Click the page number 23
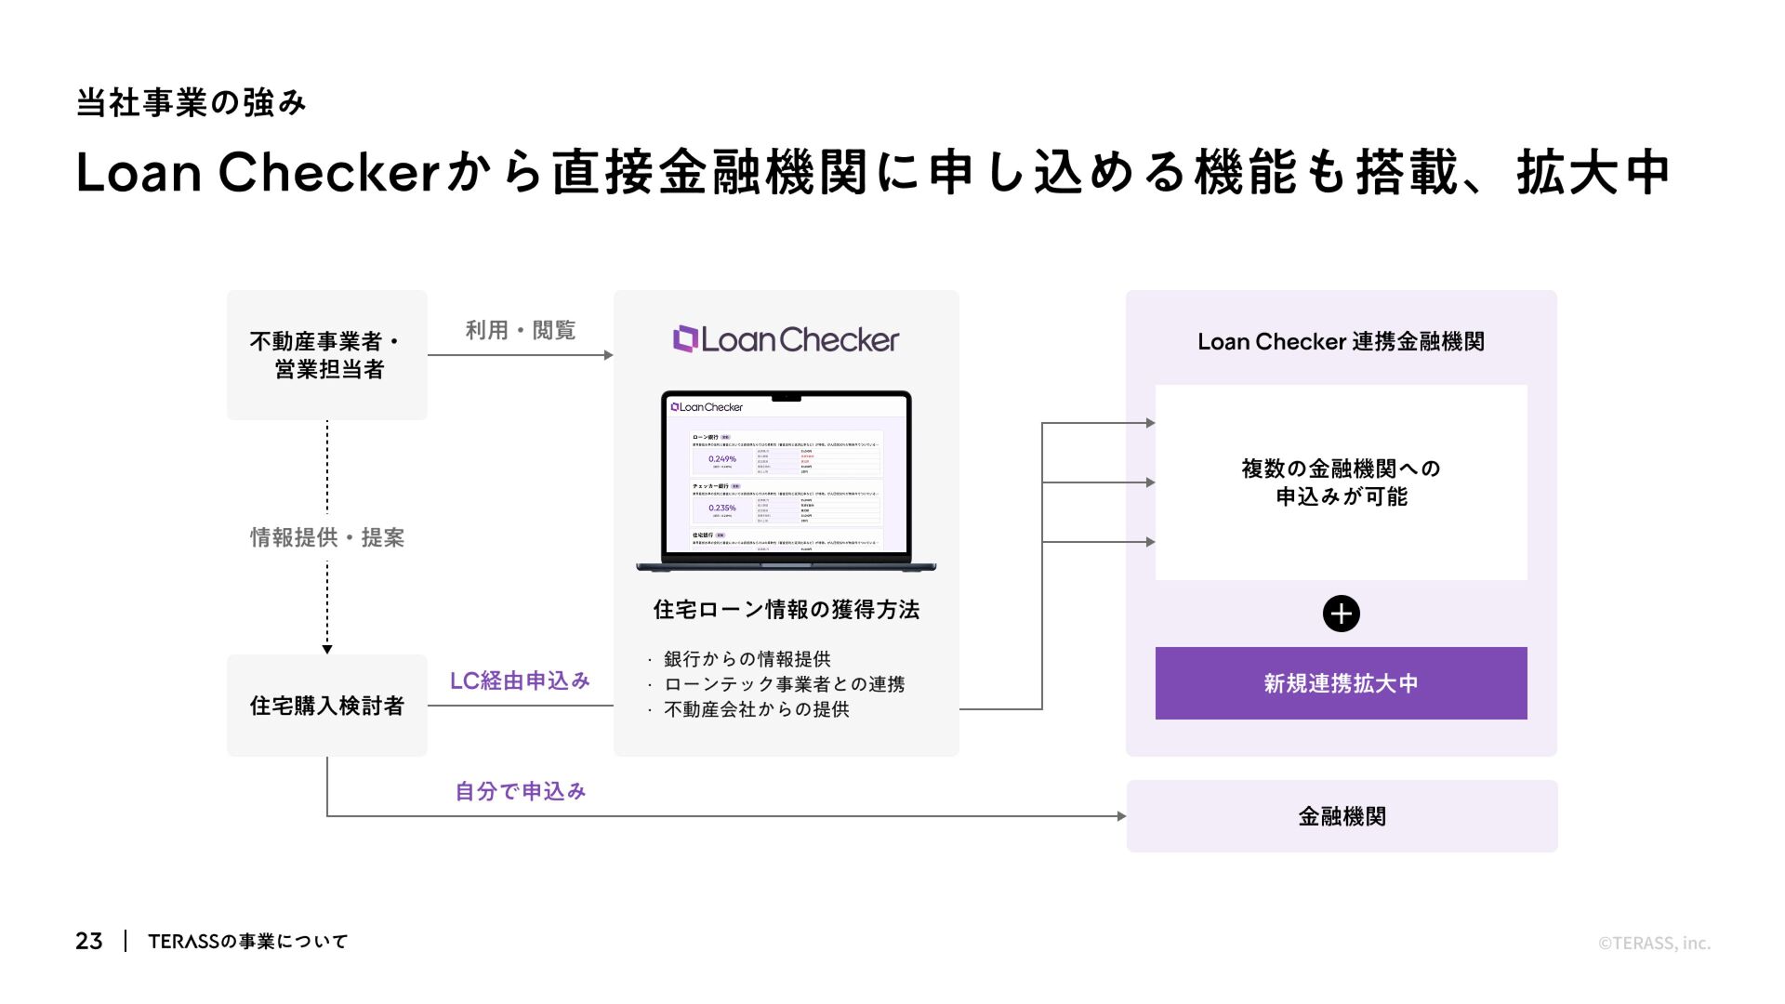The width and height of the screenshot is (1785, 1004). [x=89, y=941]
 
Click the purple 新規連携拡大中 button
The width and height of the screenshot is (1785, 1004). [x=1341, y=683]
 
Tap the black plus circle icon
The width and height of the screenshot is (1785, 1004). [x=1341, y=614]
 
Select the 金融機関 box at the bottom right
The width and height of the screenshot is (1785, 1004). [x=1342, y=816]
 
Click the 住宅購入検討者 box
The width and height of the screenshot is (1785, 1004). [x=327, y=706]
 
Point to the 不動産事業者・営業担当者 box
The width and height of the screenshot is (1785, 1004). [x=327, y=355]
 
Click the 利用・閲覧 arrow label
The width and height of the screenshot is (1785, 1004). [x=520, y=330]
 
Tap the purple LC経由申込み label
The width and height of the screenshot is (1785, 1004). [x=520, y=680]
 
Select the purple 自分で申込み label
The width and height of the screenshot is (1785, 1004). [x=520, y=791]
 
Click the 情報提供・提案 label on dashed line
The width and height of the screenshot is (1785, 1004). [x=327, y=537]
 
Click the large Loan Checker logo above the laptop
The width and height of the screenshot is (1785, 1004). [x=787, y=339]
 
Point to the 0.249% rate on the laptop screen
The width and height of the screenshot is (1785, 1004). [x=722, y=459]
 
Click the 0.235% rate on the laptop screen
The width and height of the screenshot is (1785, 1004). [x=722, y=508]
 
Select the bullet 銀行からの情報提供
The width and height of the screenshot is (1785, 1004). [x=747, y=659]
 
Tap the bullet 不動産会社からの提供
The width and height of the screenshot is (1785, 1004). [x=756, y=709]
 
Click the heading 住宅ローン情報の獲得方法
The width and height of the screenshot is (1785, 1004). [x=787, y=610]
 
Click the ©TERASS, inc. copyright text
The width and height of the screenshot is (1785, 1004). [x=1654, y=943]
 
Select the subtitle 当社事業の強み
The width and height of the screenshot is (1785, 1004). [x=192, y=103]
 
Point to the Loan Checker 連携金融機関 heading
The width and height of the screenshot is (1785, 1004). [x=1341, y=342]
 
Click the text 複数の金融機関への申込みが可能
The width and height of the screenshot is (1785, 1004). [x=1341, y=482]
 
